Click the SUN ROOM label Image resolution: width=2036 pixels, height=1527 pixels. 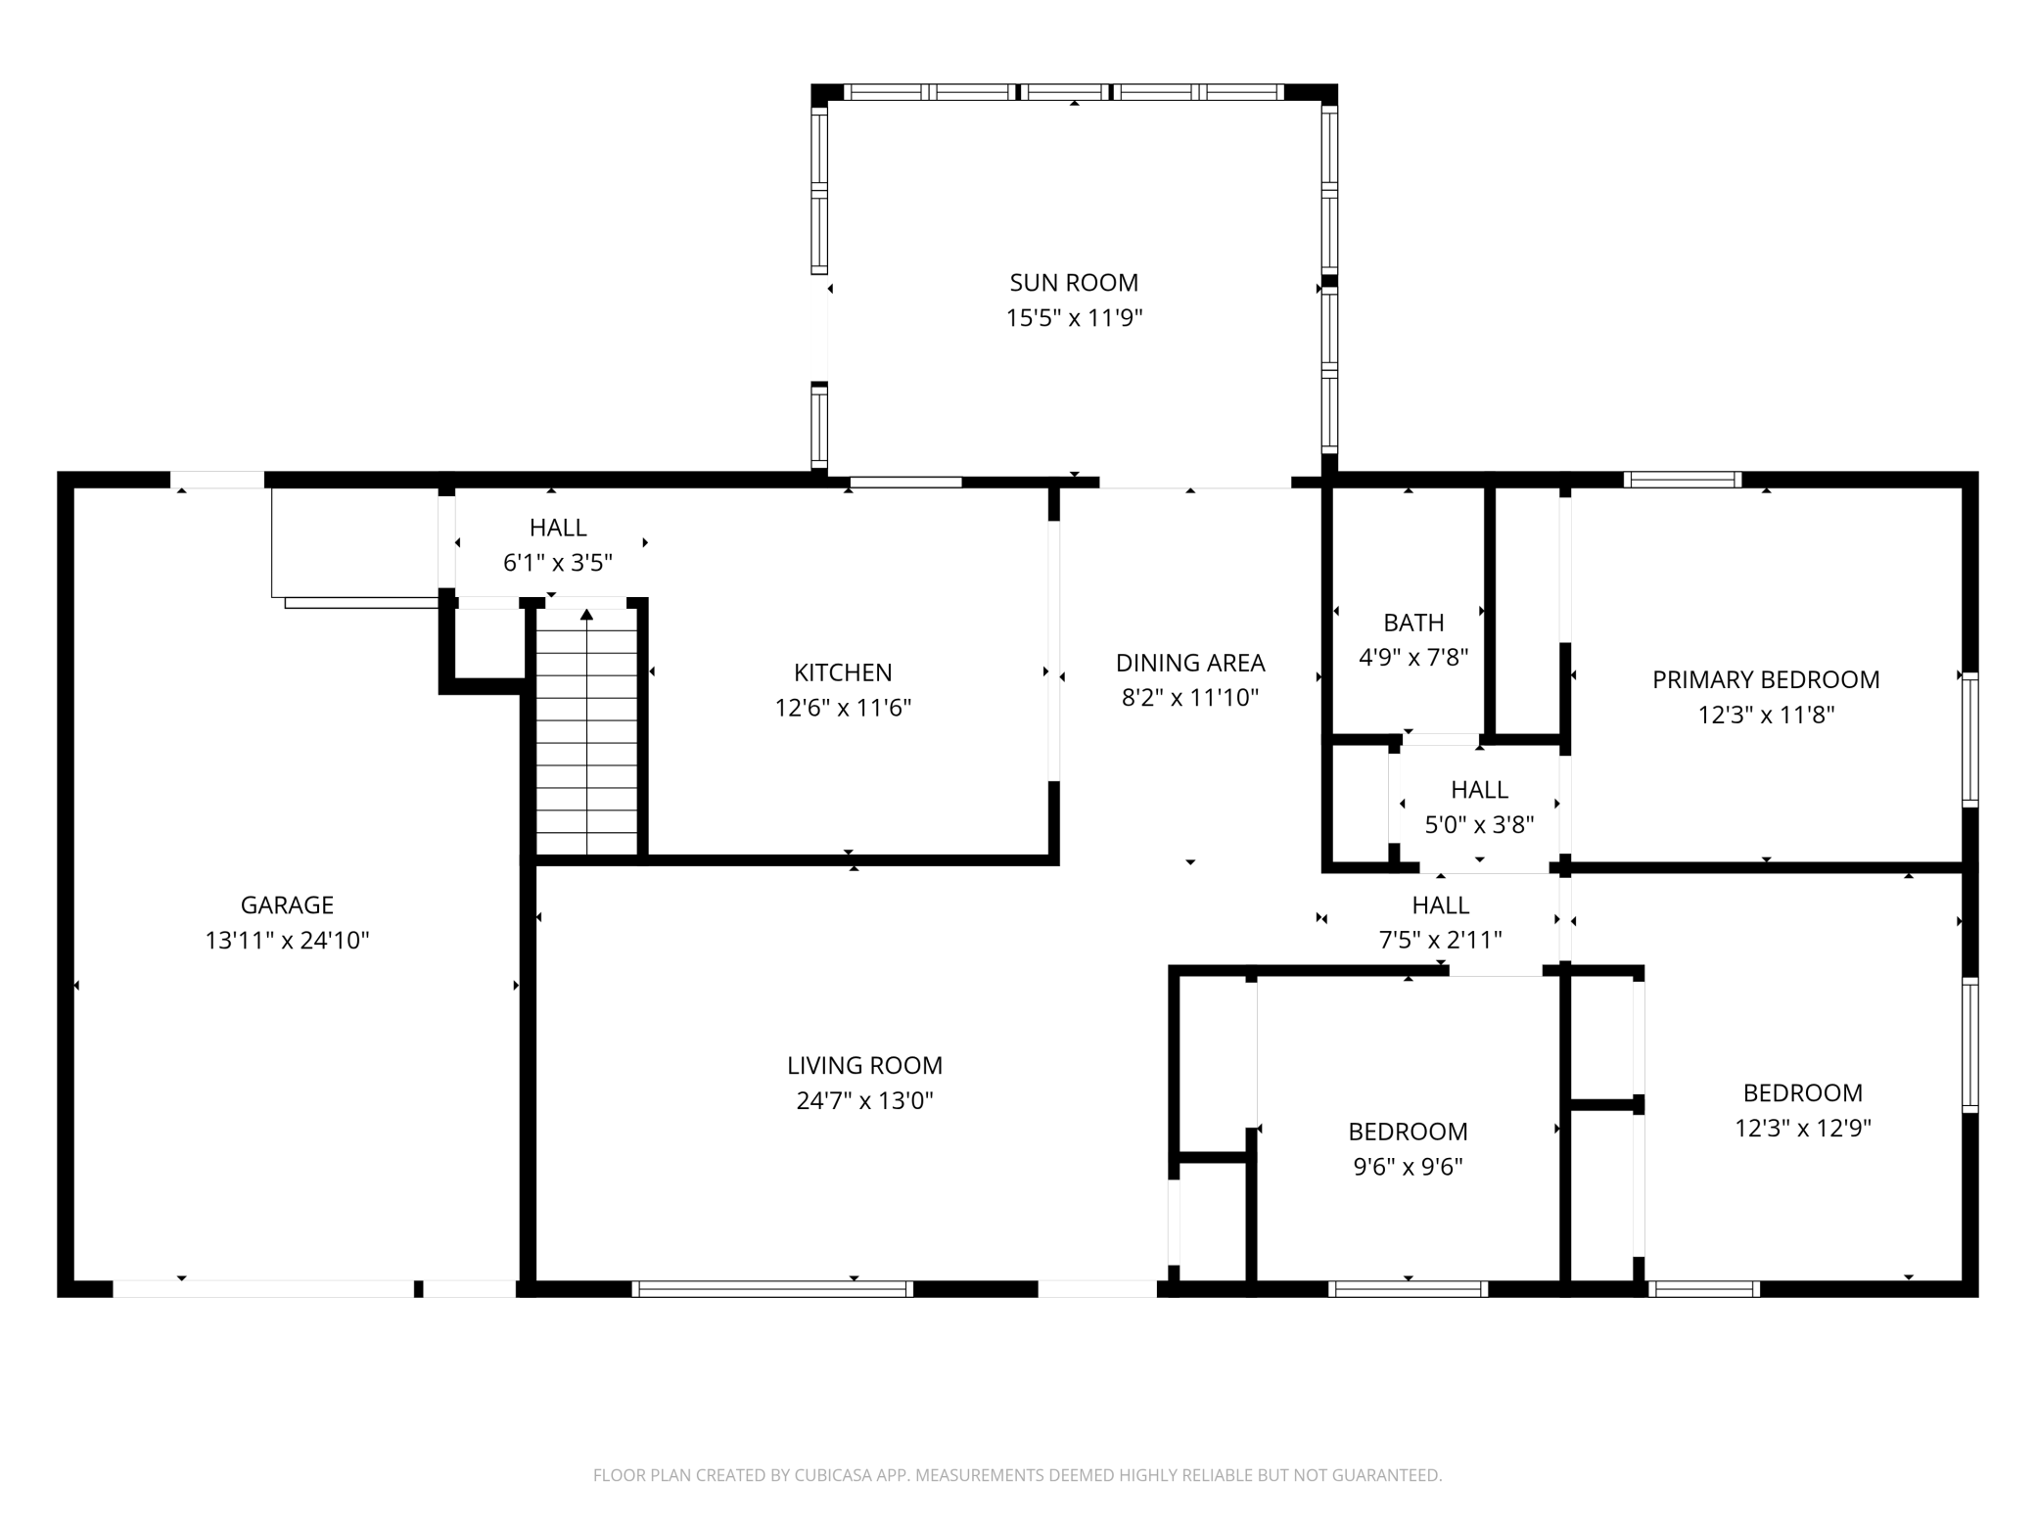coord(1074,283)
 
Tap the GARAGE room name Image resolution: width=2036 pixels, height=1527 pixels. coord(287,905)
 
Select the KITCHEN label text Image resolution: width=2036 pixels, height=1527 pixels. coord(843,672)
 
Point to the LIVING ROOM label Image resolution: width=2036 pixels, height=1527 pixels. coord(864,1065)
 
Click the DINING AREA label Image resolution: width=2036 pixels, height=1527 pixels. coord(1190,663)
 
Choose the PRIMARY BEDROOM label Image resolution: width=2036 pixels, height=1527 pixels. coord(1766,679)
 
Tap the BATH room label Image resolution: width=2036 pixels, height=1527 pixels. coord(1413,623)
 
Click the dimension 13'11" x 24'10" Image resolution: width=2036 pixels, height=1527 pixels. coord(287,941)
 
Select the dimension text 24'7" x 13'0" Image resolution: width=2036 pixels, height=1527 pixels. coord(864,1100)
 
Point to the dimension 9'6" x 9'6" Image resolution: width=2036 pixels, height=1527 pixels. coord(1408,1167)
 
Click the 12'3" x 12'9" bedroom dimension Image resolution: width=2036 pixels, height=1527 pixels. coord(1803,1128)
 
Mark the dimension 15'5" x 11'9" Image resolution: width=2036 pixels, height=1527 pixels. coord(1074,318)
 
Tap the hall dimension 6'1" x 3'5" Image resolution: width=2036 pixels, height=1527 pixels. coord(558,563)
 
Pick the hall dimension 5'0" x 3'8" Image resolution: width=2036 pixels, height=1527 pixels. coord(1479,825)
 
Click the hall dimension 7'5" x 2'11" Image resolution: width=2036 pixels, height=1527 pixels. coord(1440,941)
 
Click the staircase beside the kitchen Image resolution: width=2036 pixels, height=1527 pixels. coord(587,732)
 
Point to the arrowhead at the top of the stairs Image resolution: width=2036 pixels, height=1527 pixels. coord(587,615)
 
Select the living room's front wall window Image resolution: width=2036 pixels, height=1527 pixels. coord(772,1289)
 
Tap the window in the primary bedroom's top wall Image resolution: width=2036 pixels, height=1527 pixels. coord(1683,480)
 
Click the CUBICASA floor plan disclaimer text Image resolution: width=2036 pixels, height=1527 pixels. coord(1017,1475)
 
